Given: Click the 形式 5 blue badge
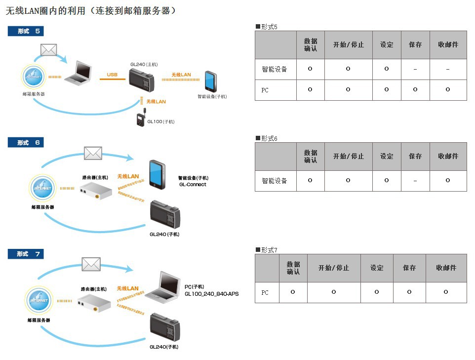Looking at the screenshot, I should pos(26,31).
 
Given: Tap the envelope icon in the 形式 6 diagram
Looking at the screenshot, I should pos(93,153).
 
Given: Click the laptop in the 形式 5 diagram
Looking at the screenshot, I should pos(79,73).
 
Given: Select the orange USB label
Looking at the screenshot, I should pos(112,75).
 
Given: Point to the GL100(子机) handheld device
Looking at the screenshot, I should pos(141,120).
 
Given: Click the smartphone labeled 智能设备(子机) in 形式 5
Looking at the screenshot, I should pos(211,81).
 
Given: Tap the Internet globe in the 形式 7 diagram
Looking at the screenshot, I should pos(39,300).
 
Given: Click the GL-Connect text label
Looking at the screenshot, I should pos(193,185).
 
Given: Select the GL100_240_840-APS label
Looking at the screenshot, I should pos(211,294).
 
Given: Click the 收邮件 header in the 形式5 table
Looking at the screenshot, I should pos(448,45).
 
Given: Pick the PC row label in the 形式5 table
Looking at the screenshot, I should pos(266,90).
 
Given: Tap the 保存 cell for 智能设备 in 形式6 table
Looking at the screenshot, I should pos(415,181).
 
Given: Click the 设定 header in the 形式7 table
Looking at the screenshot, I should pos(377,268).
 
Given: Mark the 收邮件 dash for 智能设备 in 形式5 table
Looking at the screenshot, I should pos(447,70).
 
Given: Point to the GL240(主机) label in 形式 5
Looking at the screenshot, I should pos(144,64).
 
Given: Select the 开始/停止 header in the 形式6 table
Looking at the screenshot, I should pos(348,157).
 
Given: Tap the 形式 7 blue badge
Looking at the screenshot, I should pos(26,254).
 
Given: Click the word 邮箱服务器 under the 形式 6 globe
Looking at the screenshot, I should pos(42,207).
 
